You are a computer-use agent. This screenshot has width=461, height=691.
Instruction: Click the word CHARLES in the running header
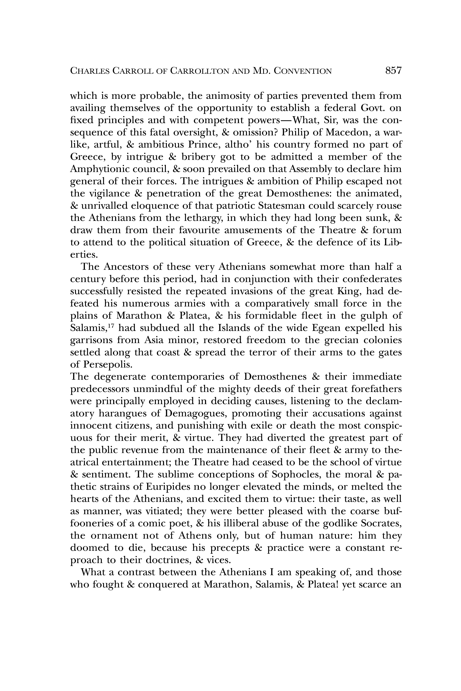(88, 71)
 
